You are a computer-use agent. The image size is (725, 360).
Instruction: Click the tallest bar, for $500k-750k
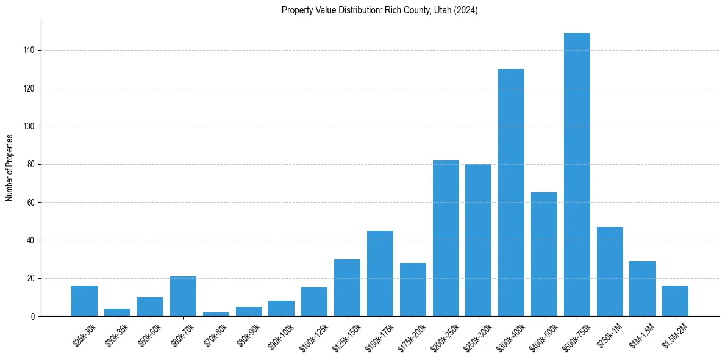577,175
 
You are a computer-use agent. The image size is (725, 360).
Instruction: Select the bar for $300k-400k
511,193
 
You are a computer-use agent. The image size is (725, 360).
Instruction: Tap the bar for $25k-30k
84,301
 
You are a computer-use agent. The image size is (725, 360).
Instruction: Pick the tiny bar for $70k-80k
216,314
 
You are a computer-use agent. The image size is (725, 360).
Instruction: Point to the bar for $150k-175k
380,273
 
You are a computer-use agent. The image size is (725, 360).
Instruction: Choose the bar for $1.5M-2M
675,301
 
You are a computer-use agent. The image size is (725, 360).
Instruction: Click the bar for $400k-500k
544,254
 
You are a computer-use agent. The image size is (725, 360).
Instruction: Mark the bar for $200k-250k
446,238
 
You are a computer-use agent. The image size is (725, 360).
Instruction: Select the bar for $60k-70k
183,297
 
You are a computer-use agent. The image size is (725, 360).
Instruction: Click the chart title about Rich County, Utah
379,10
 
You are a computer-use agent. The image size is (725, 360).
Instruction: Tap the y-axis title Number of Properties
10,168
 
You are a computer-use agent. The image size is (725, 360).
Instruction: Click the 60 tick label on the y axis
31,203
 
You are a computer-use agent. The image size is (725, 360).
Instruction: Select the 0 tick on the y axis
33,317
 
